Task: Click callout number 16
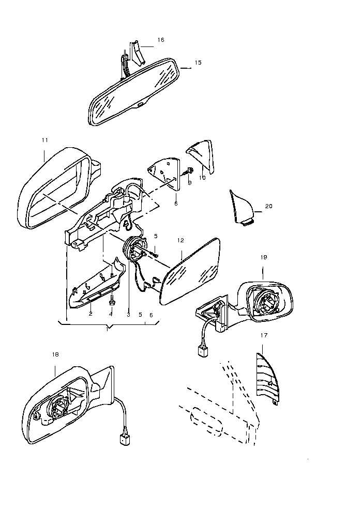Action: pyautogui.click(x=161, y=40)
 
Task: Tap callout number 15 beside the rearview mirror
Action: pyautogui.click(x=198, y=63)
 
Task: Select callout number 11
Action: pyautogui.click(x=45, y=140)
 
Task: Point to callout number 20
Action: pyautogui.click(x=268, y=206)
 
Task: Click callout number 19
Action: pyautogui.click(x=264, y=257)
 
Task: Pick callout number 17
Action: pyautogui.click(x=264, y=335)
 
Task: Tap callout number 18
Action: pyautogui.click(x=55, y=354)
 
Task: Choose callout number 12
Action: pyautogui.click(x=180, y=240)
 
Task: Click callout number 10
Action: pyautogui.click(x=202, y=178)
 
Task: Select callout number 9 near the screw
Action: pyautogui.click(x=189, y=183)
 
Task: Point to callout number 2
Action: pyautogui.click(x=90, y=314)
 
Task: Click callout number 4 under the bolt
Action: pyautogui.click(x=111, y=314)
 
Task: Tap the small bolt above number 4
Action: pyautogui.click(x=111, y=300)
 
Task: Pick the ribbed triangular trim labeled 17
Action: pyautogui.click(x=267, y=378)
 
